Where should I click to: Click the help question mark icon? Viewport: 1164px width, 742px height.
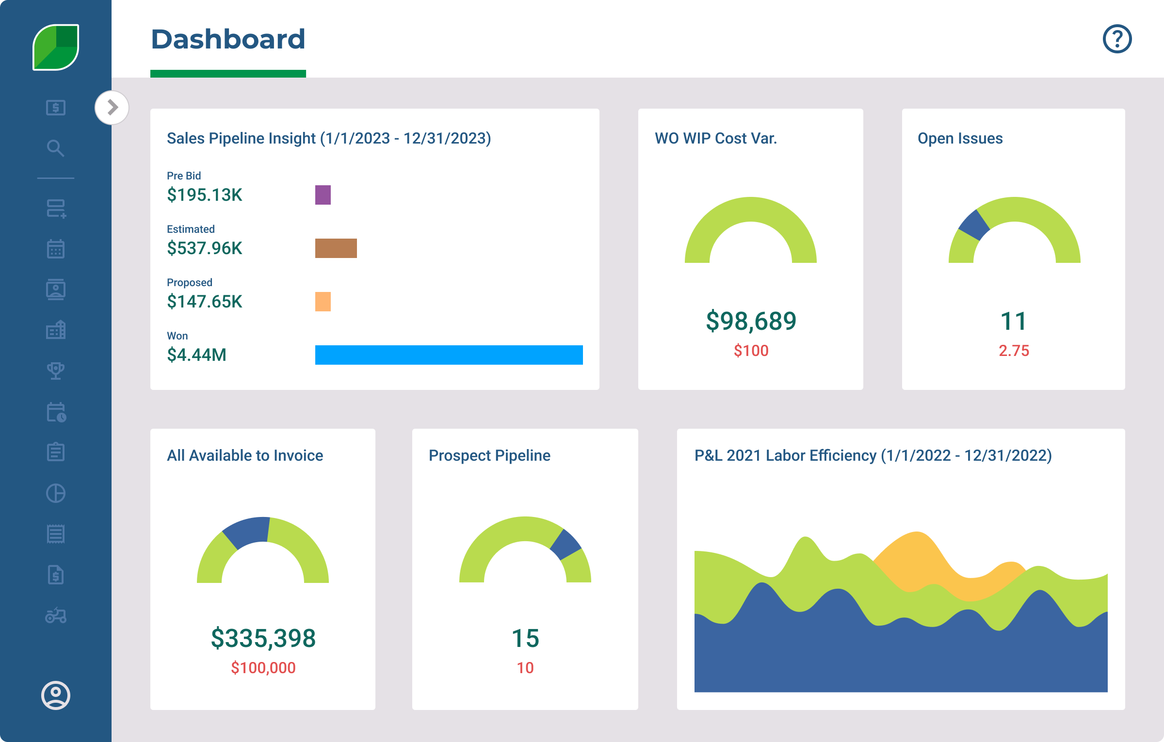tap(1117, 39)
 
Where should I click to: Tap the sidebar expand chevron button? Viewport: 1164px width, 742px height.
tap(112, 107)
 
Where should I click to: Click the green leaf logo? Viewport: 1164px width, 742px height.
tap(56, 47)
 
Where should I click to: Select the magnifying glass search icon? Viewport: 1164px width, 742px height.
tap(55, 148)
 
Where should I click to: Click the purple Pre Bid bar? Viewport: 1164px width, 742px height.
tap(323, 195)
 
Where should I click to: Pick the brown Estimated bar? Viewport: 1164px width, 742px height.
tap(336, 248)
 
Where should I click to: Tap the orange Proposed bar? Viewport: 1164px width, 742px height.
tap(323, 302)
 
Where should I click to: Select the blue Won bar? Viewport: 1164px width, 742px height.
tap(449, 355)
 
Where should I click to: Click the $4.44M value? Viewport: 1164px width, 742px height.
tap(196, 355)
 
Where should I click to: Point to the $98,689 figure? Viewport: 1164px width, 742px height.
tap(751, 321)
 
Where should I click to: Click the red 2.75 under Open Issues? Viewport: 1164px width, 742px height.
tap(1014, 351)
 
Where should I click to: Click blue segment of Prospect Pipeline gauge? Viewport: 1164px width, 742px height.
tap(566, 545)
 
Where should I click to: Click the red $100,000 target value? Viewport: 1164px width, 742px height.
tap(263, 668)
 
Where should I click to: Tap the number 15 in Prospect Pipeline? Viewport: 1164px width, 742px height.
tap(525, 638)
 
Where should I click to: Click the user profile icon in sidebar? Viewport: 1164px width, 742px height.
tap(56, 695)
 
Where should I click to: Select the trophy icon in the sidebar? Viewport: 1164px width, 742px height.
tap(56, 371)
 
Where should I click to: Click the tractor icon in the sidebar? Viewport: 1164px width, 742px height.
tap(56, 615)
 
